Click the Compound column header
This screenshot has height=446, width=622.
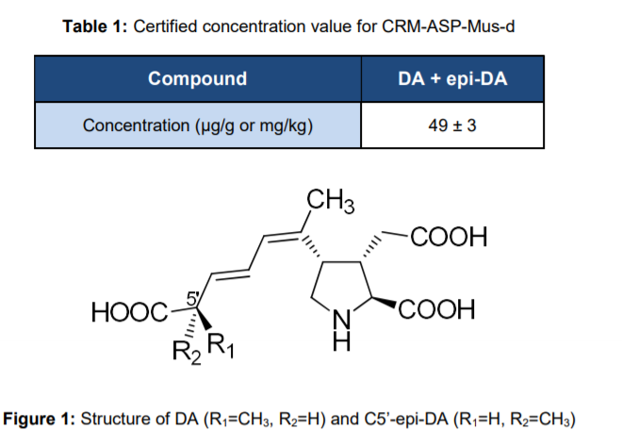coord(198,79)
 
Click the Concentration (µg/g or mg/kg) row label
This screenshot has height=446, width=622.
coord(198,124)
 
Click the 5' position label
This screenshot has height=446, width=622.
coord(192,298)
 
